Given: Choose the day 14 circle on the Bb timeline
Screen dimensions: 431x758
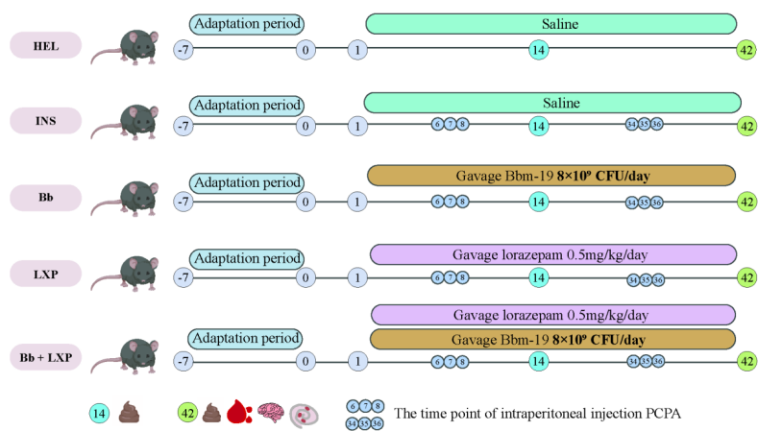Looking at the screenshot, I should click(539, 202).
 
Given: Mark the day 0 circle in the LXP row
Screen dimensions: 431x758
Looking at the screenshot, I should click(306, 278).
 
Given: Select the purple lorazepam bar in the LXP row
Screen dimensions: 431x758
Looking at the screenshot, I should click(551, 254).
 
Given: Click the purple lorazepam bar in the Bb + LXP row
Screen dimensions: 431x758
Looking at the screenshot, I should click(551, 315).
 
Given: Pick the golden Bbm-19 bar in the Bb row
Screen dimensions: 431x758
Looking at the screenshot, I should click(551, 177).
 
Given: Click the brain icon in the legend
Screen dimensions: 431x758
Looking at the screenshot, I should click(272, 413).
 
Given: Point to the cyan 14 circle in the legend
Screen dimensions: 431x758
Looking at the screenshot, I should click(98, 413).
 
